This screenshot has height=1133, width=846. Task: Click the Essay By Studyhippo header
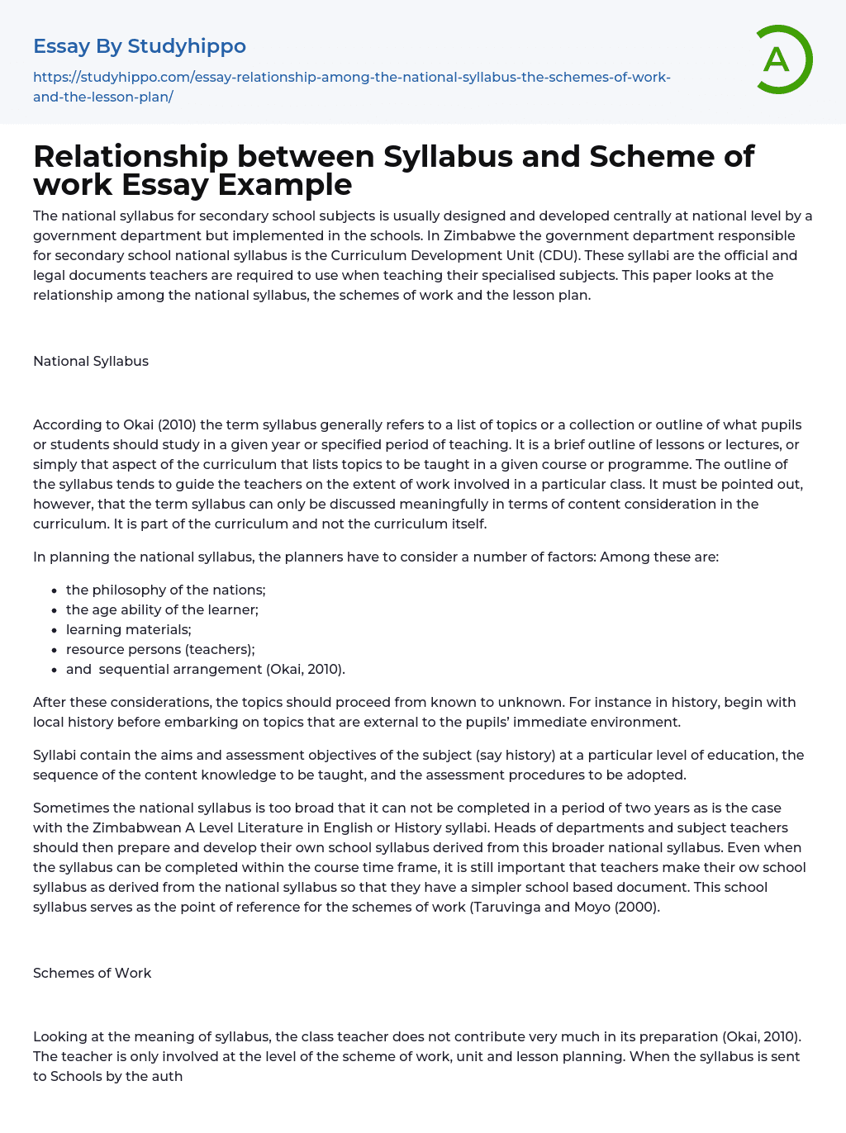click(x=139, y=46)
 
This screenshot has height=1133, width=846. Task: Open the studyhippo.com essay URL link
click(x=351, y=87)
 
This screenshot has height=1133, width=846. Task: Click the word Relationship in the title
click(x=131, y=156)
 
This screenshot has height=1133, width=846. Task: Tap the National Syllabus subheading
click(x=91, y=361)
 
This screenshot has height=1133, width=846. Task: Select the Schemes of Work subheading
click(x=92, y=973)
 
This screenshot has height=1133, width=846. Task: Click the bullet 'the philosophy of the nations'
click(x=165, y=590)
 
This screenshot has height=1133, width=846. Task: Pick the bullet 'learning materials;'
click(x=128, y=629)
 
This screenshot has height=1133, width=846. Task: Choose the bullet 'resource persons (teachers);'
click(x=160, y=649)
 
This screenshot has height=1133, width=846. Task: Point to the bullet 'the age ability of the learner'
click(x=162, y=609)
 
